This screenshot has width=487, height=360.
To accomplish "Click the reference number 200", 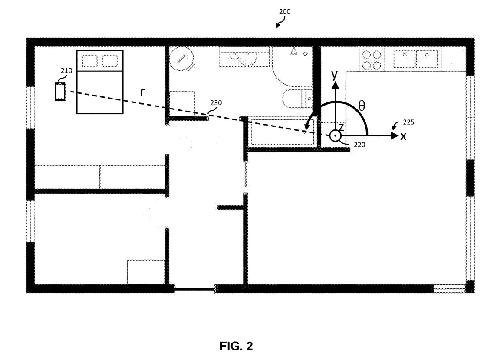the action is click(x=284, y=12).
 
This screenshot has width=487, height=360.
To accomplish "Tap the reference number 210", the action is click(x=66, y=70).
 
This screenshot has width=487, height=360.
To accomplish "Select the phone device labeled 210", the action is click(x=60, y=92).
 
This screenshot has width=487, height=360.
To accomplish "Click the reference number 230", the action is click(x=216, y=103).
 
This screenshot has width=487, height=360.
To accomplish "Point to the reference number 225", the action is click(x=408, y=122).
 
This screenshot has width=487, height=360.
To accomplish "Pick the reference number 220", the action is click(x=359, y=145).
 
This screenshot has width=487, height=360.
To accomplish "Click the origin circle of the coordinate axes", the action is click(x=335, y=136).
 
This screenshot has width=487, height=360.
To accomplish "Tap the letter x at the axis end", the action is click(x=403, y=136).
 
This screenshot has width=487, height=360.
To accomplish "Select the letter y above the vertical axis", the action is click(x=335, y=75).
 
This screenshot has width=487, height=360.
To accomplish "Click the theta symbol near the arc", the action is click(x=362, y=106).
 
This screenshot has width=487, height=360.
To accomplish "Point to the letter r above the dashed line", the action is click(x=142, y=92).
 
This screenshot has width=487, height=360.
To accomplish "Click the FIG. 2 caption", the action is click(x=237, y=346).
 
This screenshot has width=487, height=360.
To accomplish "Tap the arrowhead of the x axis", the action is click(x=395, y=136).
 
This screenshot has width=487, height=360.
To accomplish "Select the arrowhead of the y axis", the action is click(x=335, y=85).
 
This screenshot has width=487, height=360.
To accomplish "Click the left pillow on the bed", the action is click(x=89, y=61).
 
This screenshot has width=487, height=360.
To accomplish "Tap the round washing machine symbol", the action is click(x=182, y=58).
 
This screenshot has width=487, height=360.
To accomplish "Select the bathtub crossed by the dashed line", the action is click(x=282, y=132).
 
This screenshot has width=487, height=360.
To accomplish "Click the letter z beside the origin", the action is click(x=341, y=127).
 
